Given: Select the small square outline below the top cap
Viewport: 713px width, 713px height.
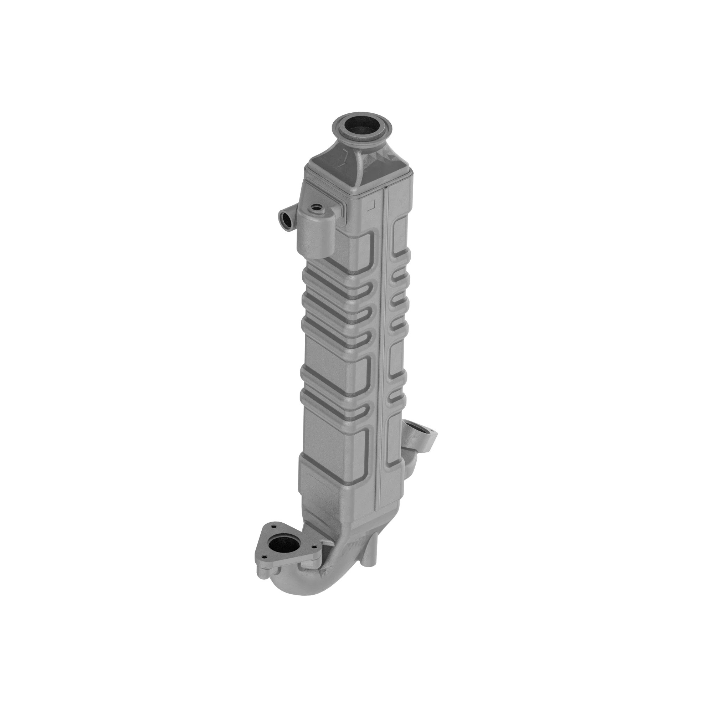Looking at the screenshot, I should (x=371, y=202).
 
